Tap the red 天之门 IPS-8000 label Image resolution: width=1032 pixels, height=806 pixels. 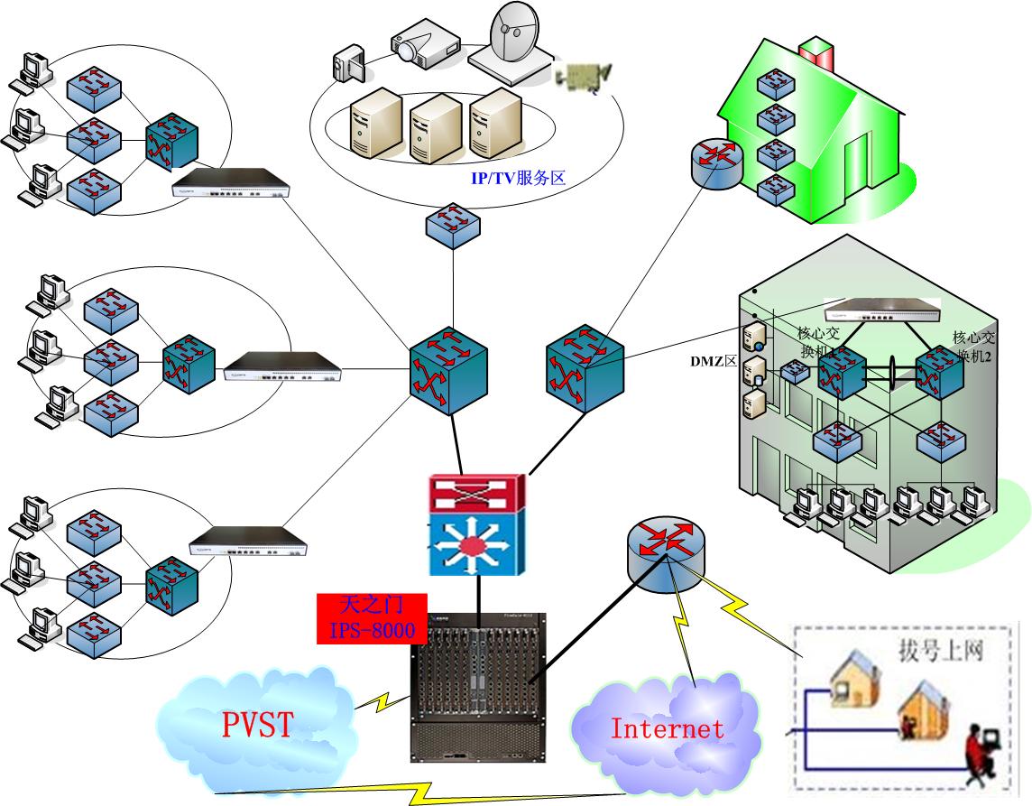[x=372, y=618]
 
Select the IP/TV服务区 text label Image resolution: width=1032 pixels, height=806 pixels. [x=517, y=178]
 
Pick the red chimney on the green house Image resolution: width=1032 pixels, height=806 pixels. [x=817, y=54]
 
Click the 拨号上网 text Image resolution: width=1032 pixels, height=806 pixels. [x=939, y=649]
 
